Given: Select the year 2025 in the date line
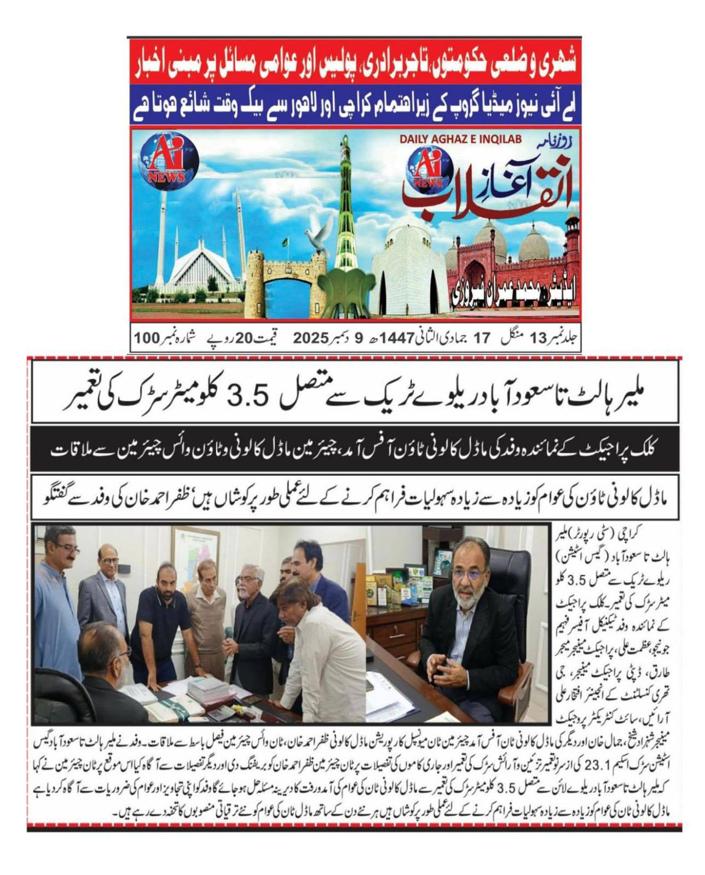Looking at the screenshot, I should coord(310,339).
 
